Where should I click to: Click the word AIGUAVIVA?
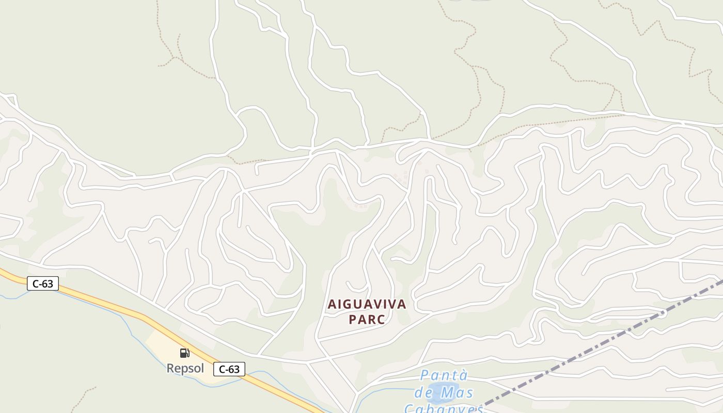(x=367, y=305)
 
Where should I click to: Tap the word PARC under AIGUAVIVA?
(x=367, y=320)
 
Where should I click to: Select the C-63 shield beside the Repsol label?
(x=229, y=369)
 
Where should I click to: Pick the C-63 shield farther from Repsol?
(x=43, y=283)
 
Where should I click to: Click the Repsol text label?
(x=185, y=368)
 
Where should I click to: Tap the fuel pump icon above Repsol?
(x=184, y=353)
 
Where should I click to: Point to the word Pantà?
(x=436, y=375)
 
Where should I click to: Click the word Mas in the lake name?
(x=457, y=392)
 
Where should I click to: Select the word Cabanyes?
(x=443, y=408)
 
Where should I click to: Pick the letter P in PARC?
(x=353, y=320)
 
